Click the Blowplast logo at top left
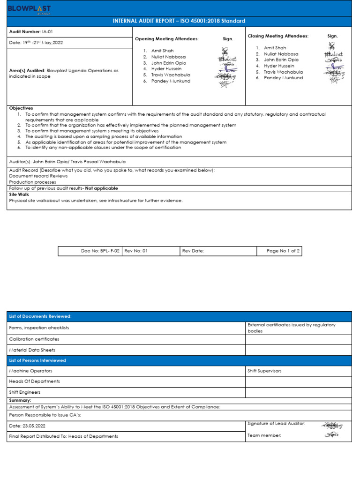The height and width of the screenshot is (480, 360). (30, 9)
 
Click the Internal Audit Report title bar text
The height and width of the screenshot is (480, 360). (179, 21)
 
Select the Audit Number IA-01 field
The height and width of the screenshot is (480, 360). (28, 32)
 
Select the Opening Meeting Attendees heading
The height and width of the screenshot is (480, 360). (167, 39)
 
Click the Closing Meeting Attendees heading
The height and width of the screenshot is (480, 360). (278, 36)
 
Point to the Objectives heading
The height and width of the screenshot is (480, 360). (21, 108)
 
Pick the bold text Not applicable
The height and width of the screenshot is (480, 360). (101, 188)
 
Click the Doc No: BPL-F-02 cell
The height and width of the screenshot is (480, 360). (100, 251)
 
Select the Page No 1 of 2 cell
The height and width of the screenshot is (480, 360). (283, 251)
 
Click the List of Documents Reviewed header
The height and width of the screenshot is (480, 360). (37, 317)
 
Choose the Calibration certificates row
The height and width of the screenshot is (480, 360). (34, 339)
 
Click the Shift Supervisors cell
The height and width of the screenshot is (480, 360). (264, 371)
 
